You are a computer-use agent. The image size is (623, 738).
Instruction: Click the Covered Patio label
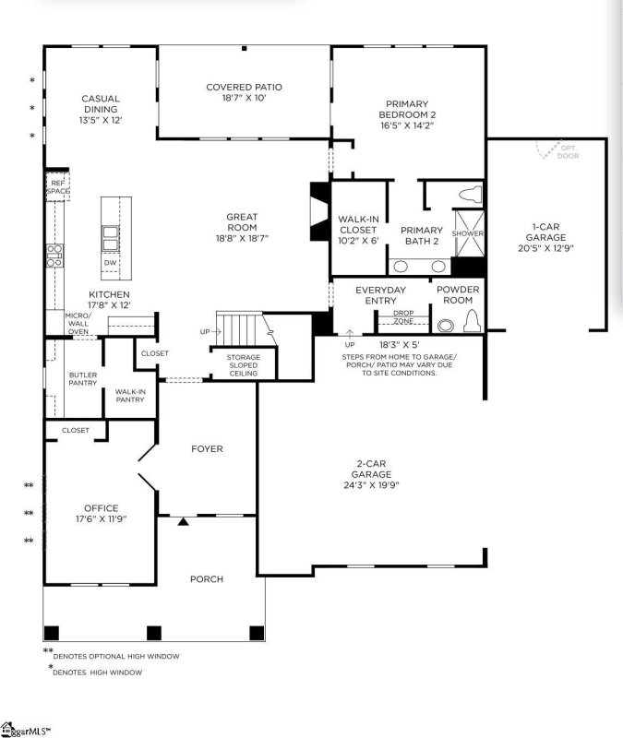[x=244, y=88]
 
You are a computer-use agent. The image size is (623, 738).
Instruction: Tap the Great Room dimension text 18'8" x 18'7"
[x=242, y=237]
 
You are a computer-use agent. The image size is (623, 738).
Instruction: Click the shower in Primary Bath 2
[x=468, y=233]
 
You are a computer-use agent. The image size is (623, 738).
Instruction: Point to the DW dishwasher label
[x=110, y=263]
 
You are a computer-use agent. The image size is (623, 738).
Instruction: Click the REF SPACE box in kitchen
[x=58, y=187]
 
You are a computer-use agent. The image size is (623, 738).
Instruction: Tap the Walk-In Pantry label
[x=130, y=396]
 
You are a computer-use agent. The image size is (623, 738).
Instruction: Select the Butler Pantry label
[x=83, y=380]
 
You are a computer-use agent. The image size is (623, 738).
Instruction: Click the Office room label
[x=102, y=508]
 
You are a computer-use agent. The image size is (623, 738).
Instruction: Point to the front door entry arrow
[x=183, y=522]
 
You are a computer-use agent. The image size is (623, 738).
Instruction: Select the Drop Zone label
[x=403, y=316]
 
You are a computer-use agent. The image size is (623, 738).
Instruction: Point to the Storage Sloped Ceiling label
[x=244, y=364]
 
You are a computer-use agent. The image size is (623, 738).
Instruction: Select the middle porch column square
[x=154, y=633]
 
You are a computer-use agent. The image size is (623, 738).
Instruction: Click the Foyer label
[x=207, y=449]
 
